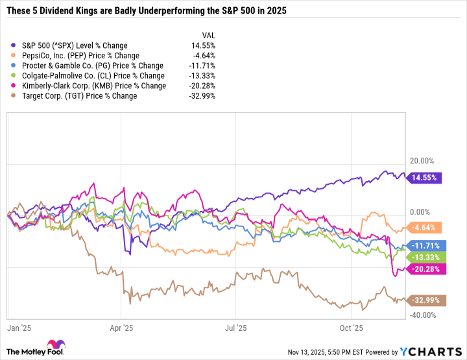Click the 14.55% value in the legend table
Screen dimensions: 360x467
pyautogui.click(x=204, y=45)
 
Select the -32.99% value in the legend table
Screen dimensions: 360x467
pyautogui.click(x=203, y=96)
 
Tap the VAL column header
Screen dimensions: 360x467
pyautogui.click(x=208, y=36)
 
